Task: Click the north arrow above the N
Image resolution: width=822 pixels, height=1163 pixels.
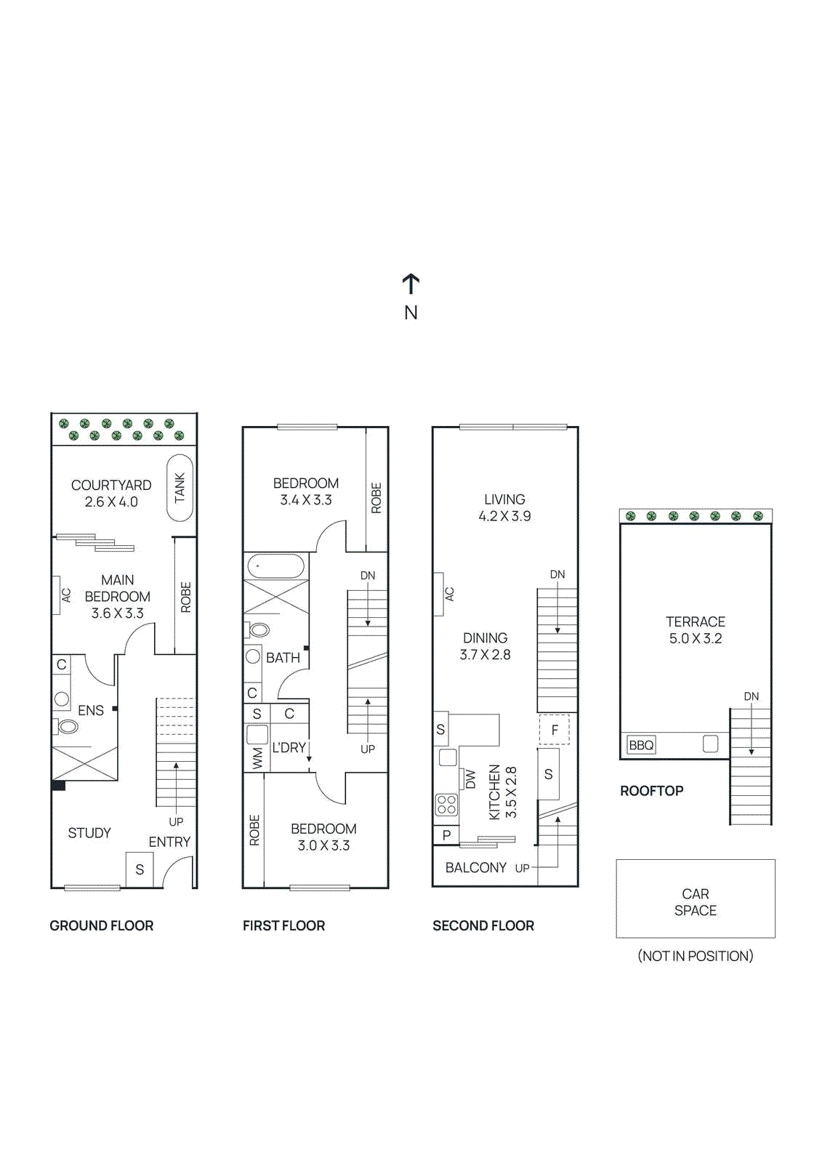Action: point(411,283)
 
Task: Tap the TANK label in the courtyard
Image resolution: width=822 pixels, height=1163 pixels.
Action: point(180,488)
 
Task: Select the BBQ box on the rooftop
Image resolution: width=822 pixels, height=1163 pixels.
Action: point(641,745)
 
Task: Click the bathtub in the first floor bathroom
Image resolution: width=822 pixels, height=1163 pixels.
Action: point(276,566)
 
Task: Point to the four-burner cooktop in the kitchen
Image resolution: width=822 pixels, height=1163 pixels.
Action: point(446,805)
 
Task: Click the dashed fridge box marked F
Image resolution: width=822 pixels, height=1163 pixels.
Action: point(555,730)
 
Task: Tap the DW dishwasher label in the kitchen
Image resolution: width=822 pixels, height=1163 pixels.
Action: point(470,779)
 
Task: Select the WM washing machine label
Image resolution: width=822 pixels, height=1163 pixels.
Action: point(257,759)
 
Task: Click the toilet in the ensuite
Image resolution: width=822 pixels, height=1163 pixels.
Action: point(68,726)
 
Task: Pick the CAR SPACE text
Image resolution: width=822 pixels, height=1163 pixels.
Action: point(696,902)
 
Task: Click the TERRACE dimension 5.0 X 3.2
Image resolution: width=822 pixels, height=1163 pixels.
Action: point(696,639)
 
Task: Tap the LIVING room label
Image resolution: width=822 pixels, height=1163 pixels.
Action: point(504,499)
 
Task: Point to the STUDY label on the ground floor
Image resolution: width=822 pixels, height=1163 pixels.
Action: point(89,833)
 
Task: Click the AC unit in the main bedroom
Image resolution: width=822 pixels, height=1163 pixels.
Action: point(57,595)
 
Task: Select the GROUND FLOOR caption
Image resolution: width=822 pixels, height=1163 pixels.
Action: point(102,926)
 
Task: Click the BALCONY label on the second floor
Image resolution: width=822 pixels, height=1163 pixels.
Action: point(475,868)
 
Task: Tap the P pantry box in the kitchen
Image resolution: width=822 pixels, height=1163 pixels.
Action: point(446,835)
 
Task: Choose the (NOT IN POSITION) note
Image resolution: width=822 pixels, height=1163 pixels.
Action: point(696,956)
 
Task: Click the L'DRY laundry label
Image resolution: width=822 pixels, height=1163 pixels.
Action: point(289,747)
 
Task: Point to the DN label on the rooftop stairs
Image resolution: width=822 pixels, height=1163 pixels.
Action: point(751,696)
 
